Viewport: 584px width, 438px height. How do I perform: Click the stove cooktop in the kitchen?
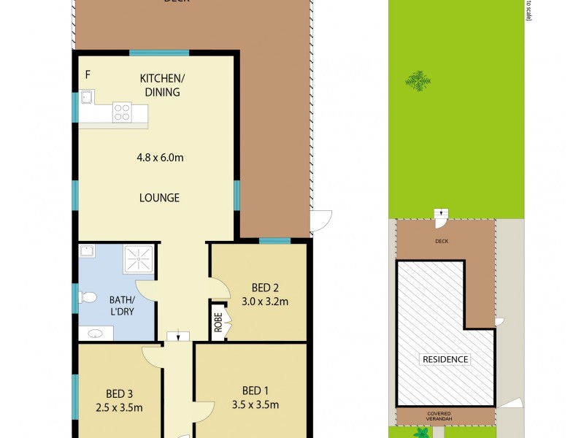click(122, 112)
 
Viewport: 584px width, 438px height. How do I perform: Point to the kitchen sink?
click(86, 96)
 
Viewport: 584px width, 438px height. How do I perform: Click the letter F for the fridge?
click(88, 74)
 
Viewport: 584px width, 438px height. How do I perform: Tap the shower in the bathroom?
click(137, 258)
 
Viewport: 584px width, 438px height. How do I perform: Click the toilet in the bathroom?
click(88, 298)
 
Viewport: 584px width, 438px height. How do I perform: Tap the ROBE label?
click(218, 322)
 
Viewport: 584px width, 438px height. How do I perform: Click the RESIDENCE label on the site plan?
click(445, 359)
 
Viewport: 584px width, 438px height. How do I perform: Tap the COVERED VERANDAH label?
click(445, 416)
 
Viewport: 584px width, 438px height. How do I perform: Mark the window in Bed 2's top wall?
click(274, 241)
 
